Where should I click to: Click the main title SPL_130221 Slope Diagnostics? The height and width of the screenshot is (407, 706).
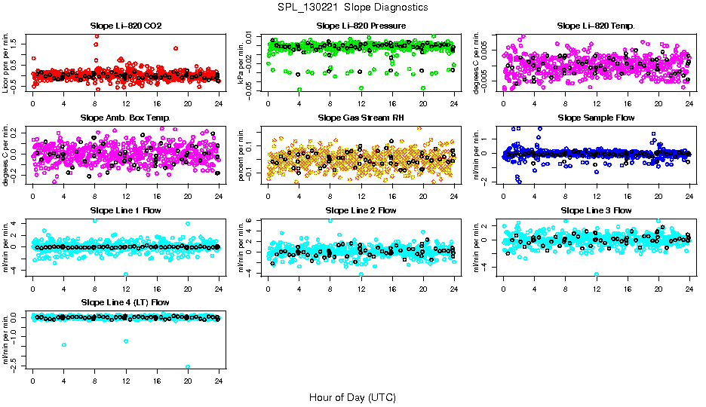(x=352, y=7)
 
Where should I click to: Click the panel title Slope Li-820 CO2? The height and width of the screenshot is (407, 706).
(x=125, y=26)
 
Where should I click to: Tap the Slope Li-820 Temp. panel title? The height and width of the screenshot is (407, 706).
(x=596, y=26)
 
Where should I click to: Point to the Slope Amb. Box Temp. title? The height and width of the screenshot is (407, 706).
(x=125, y=118)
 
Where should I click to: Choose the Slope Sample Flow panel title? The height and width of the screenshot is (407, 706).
(x=596, y=118)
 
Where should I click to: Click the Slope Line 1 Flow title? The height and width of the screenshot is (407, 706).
(x=125, y=210)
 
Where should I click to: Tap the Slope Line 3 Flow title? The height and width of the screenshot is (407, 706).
(x=596, y=210)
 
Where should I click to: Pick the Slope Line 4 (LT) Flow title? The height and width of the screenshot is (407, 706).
(x=125, y=302)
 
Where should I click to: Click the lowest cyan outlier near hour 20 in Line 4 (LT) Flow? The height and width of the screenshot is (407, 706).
(x=188, y=367)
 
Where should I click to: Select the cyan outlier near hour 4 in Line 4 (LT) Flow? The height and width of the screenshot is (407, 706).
(x=64, y=344)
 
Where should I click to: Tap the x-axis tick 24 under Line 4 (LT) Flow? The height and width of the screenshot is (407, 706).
(x=219, y=382)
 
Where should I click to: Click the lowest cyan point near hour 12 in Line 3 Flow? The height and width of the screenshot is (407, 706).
(x=597, y=274)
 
